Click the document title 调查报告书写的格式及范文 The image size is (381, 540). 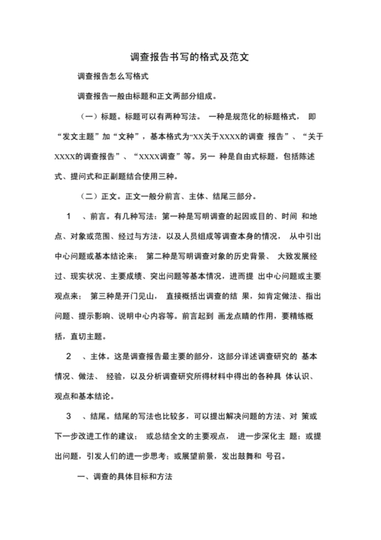190,57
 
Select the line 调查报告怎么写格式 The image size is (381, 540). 112,77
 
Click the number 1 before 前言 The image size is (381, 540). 69,216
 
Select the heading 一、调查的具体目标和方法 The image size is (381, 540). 126,476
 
